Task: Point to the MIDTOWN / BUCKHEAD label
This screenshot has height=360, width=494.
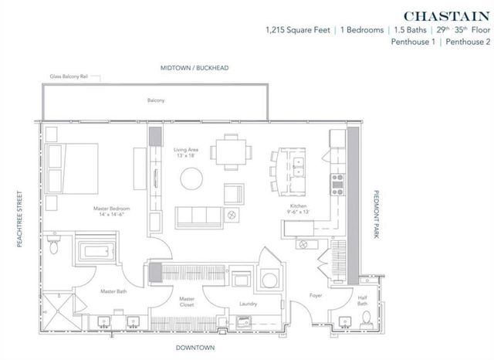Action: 195,68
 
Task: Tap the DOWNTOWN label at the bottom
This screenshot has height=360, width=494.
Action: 195,348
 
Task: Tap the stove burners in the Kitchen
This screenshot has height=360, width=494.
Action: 337,184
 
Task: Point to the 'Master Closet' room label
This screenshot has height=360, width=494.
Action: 186,301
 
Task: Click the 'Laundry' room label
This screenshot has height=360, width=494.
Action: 248,304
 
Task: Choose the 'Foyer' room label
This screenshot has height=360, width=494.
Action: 316,295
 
